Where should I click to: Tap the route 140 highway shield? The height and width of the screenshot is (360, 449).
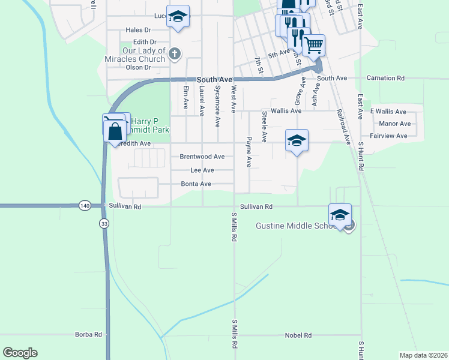(85, 206)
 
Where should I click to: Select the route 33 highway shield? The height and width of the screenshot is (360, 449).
(104, 223)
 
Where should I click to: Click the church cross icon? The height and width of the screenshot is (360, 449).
(174, 55)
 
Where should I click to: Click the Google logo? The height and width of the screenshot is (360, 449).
(20, 353)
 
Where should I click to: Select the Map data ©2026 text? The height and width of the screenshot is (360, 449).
(423, 355)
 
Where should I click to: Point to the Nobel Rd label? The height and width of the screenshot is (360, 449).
(298, 335)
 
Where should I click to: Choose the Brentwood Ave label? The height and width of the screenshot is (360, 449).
(202, 157)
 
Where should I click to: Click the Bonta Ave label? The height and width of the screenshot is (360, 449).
(196, 184)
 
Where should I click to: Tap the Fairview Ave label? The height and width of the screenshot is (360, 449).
(389, 136)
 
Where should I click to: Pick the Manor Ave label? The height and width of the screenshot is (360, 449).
(395, 124)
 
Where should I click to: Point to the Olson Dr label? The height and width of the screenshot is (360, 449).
(139, 67)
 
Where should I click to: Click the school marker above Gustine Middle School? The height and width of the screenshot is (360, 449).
(340, 215)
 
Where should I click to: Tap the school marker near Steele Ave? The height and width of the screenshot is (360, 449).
(296, 140)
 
